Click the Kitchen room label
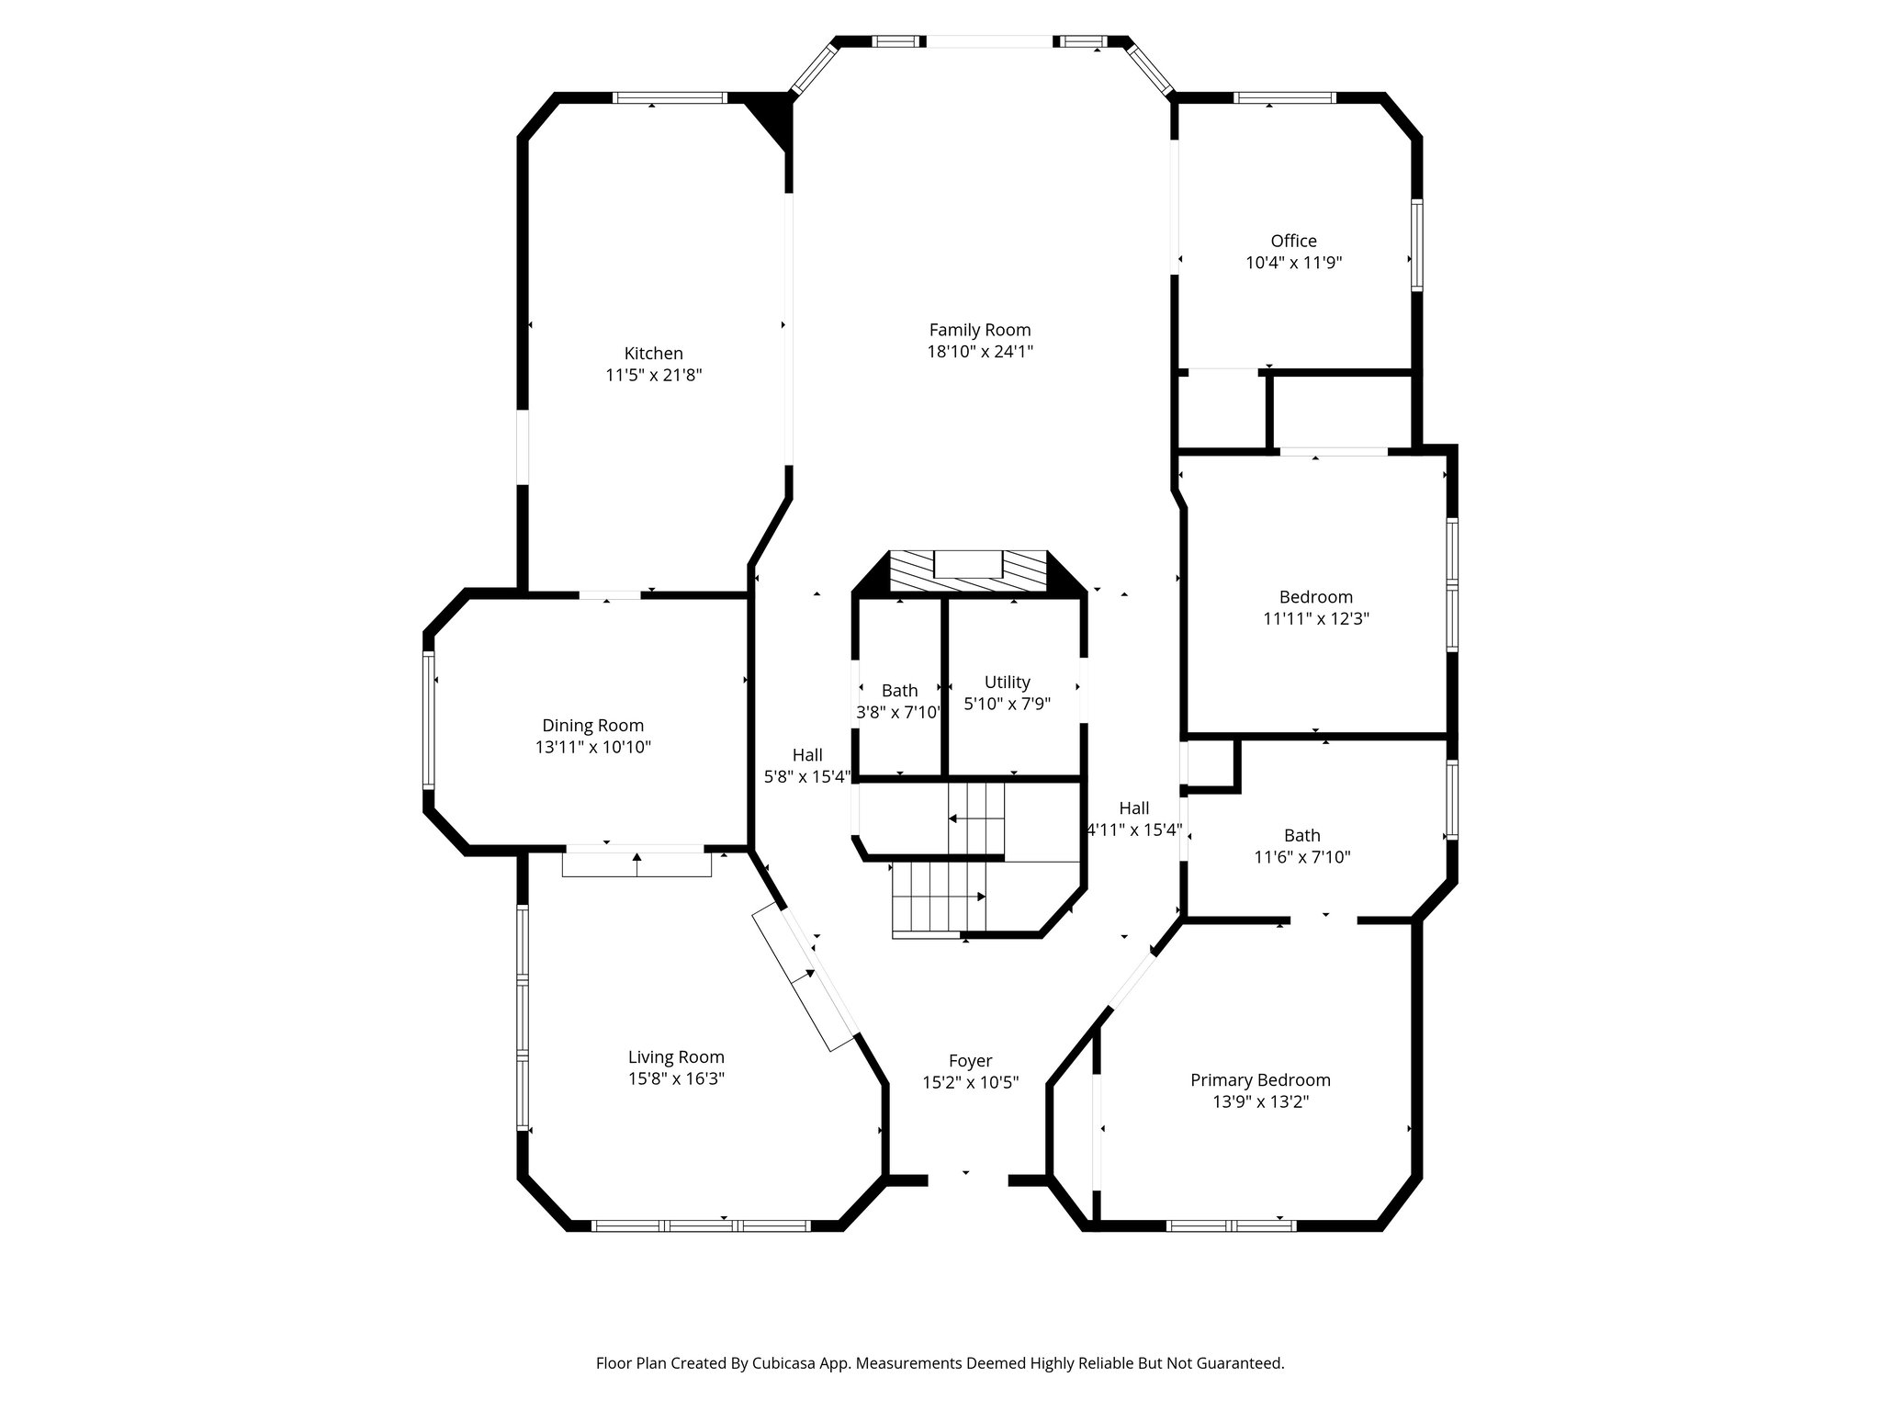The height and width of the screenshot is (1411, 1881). (653, 354)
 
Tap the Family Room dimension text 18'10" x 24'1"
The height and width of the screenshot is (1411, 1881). (980, 352)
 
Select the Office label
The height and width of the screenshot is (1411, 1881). (1293, 241)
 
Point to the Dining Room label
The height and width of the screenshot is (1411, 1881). (592, 726)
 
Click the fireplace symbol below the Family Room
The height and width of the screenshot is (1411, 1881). (968, 572)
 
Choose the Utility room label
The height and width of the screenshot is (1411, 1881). (1007, 683)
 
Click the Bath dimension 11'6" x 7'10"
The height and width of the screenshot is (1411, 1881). (1301, 857)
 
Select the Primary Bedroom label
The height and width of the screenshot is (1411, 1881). (1260, 1080)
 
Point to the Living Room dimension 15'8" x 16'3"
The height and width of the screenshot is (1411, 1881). (676, 1079)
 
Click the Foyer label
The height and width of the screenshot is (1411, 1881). (970, 1061)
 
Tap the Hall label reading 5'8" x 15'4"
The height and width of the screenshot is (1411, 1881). (807, 776)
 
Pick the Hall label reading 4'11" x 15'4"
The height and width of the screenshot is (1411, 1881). (1133, 830)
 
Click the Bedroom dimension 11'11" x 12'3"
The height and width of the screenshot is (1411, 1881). (1315, 619)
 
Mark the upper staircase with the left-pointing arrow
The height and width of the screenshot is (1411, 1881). (976, 817)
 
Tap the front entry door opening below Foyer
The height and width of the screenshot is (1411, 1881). (968, 1180)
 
